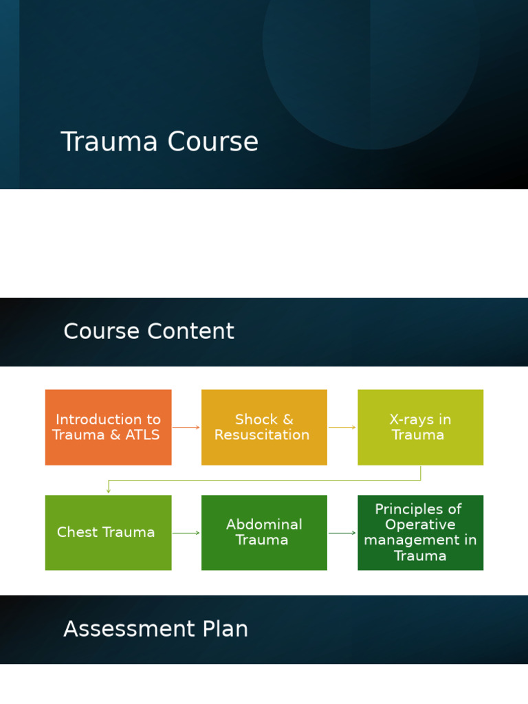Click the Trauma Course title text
(x=159, y=142)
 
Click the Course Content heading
(x=148, y=331)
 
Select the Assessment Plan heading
(x=155, y=629)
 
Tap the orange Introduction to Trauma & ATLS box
(x=108, y=427)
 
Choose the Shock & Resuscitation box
(x=264, y=427)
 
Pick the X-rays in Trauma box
(x=420, y=427)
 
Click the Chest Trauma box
(x=108, y=532)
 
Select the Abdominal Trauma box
(x=264, y=532)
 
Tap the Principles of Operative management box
(x=420, y=532)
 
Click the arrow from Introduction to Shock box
(x=186, y=428)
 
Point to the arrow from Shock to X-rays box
(x=342, y=428)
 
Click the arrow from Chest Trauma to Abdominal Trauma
(x=186, y=533)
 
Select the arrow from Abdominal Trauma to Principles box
(x=342, y=533)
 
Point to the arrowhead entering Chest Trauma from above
(x=109, y=490)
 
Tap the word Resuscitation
(x=262, y=435)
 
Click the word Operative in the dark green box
(x=420, y=525)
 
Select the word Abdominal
(x=264, y=525)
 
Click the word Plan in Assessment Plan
(x=224, y=629)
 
